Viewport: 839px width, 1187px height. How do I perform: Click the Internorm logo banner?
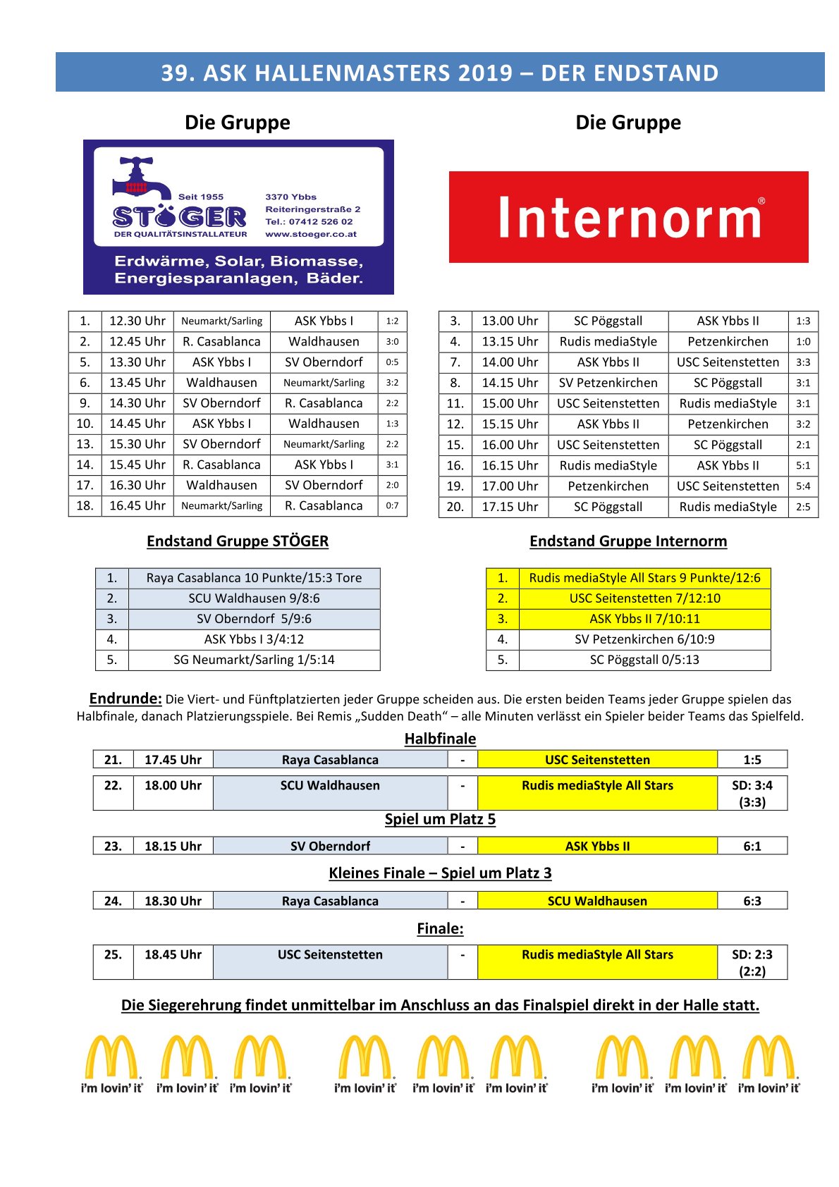(x=628, y=217)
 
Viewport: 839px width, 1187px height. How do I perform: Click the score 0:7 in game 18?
(x=392, y=506)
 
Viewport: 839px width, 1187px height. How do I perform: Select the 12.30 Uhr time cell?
(x=137, y=321)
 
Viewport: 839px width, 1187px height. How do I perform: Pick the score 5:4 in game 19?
(x=803, y=486)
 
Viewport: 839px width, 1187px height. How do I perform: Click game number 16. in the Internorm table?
(x=455, y=466)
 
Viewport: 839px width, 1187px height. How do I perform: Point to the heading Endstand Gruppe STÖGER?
(x=238, y=541)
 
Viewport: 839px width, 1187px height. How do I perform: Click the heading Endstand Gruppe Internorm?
(x=628, y=541)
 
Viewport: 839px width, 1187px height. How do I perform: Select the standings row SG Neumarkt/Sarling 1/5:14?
(x=254, y=660)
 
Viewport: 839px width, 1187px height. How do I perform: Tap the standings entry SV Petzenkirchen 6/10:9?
(x=644, y=639)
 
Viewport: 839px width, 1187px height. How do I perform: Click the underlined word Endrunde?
(x=125, y=699)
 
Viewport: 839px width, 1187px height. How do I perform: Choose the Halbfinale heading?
(x=440, y=739)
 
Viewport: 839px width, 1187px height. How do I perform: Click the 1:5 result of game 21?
(x=752, y=760)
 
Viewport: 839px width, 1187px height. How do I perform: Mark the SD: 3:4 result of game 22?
(x=752, y=786)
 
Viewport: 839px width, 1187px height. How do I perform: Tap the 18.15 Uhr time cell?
(x=173, y=847)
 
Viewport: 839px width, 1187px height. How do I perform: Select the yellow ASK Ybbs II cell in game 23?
(x=597, y=847)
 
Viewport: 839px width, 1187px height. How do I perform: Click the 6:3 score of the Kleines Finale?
(x=752, y=902)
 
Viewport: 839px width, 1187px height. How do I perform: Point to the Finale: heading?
(x=440, y=929)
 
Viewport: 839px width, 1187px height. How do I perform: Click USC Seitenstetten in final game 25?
(x=330, y=955)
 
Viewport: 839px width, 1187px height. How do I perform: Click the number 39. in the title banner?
(x=178, y=73)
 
